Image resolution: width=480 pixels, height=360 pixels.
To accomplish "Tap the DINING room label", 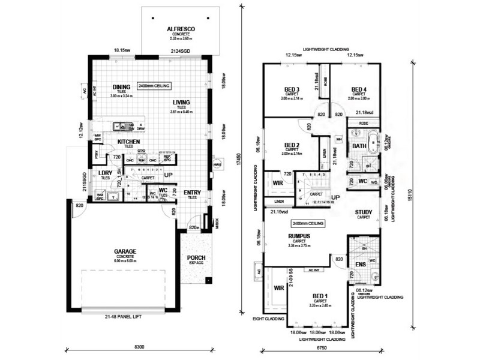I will (x=122, y=87).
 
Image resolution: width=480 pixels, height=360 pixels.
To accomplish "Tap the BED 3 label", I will (x=293, y=90).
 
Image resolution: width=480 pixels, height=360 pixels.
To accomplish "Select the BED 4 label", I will (x=359, y=89).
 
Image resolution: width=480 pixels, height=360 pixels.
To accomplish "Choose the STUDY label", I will (x=364, y=212).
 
